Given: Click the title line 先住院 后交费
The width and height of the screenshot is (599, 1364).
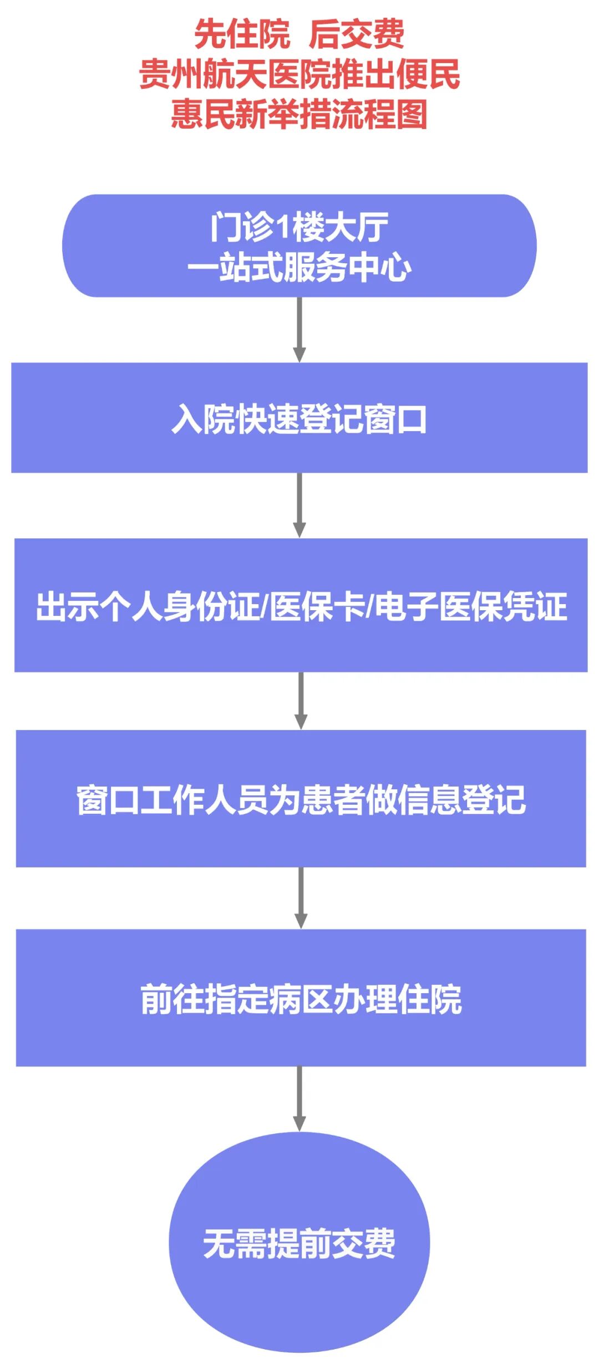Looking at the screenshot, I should pos(299,34).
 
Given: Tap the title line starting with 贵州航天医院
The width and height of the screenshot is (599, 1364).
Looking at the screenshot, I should pos(299,75).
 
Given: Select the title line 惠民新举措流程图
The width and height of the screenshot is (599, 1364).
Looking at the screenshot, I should pos(299,115).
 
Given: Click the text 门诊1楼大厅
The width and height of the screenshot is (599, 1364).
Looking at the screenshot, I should pos(299,227).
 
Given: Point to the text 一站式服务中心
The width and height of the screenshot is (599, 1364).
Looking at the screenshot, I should pos(299,267).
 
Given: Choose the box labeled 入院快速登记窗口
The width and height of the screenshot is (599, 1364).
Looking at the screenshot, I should pos(299,418).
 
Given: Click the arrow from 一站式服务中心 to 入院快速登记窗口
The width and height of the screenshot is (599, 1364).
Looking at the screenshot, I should pos(299,330).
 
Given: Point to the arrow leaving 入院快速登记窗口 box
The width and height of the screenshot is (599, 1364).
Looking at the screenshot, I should pos(299,505).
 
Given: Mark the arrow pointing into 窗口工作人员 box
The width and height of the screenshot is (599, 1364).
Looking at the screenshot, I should pos(301,701).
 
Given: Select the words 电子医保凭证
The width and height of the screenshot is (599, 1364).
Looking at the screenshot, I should pos(471,606).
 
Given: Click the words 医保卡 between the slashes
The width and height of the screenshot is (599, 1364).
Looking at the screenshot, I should pos(317,606).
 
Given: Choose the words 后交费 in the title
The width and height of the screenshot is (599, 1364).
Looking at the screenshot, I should pos(356,34).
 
